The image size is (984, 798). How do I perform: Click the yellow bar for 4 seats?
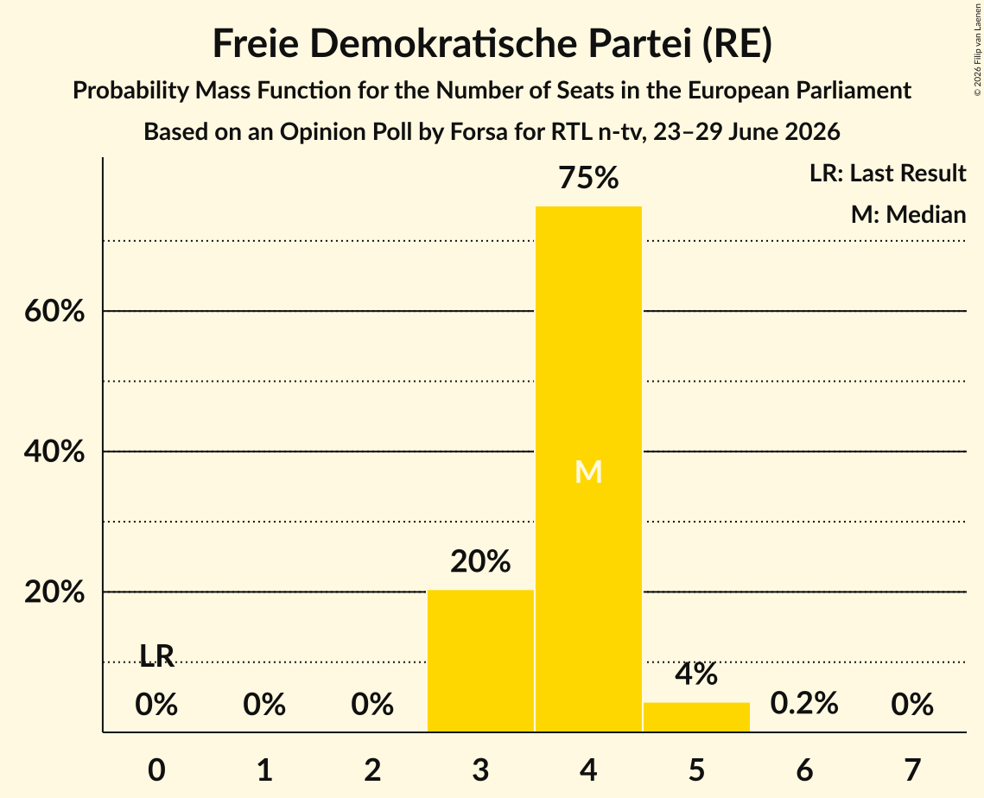tap(588, 469)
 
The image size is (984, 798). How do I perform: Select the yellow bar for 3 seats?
tap(480, 661)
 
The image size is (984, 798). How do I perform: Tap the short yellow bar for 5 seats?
tap(696, 717)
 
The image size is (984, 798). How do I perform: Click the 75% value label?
tap(588, 177)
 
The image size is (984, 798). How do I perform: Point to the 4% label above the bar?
tap(696, 674)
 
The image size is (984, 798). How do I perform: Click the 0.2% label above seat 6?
tap(804, 703)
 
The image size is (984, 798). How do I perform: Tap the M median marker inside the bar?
tap(588, 472)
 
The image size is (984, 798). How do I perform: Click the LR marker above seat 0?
tap(156, 655)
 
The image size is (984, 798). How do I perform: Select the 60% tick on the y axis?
tap(54, 311)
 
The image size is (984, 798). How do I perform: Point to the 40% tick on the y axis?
tap(54, 451)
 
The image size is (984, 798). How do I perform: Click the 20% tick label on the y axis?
tap(54, 592)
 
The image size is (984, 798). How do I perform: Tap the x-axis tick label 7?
tap(912, 770)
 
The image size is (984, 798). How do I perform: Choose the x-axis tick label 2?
tap(372, 770)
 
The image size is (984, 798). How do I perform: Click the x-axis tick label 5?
tap(696, 770)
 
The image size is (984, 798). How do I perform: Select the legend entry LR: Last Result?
tap(888, 173)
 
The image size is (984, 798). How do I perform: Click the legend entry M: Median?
tap(909, 214)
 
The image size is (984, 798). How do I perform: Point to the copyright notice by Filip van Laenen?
tap(978, 49)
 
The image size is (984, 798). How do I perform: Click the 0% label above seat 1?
tap(264, 704)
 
